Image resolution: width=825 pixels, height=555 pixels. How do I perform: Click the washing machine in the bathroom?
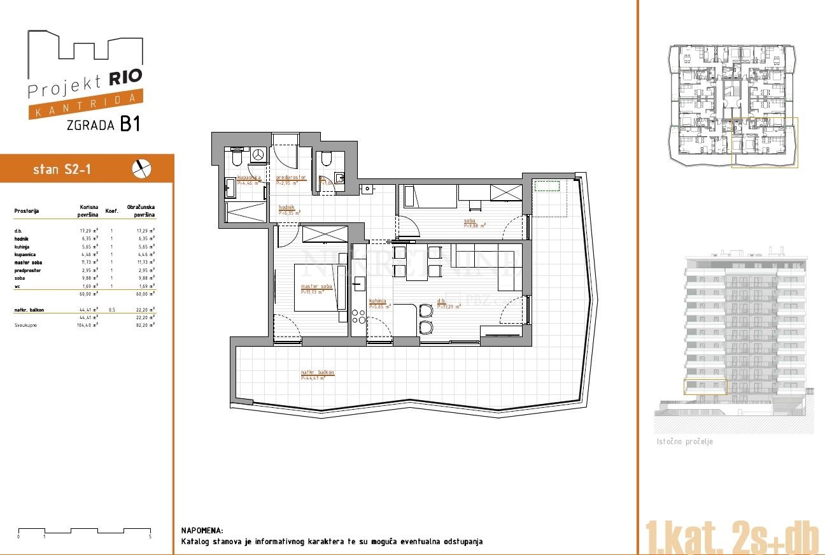coord(258,155)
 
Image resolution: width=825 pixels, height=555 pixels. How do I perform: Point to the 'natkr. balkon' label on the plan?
coord(317,373)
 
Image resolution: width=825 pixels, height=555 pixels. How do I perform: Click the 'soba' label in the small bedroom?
coord(470,220)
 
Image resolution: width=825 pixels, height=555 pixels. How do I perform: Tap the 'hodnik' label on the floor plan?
coord(286,207)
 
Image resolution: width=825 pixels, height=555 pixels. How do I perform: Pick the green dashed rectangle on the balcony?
coord(547,185)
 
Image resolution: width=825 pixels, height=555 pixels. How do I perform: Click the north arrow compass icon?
coord(142,168)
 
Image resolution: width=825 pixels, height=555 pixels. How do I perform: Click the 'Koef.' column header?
coord(111,210)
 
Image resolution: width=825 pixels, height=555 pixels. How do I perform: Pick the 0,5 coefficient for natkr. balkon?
coord(111,310)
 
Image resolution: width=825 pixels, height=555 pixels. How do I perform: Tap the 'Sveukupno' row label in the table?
coord(26,325)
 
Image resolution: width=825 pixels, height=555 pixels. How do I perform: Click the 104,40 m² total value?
coord(87,325)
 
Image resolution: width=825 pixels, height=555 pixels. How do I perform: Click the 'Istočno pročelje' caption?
coord(684,442)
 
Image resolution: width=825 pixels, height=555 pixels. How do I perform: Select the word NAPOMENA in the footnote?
coord(202,530)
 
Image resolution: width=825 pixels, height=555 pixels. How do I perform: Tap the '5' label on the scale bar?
coord(150,537)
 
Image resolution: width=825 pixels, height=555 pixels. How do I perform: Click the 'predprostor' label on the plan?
coord(291,178)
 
